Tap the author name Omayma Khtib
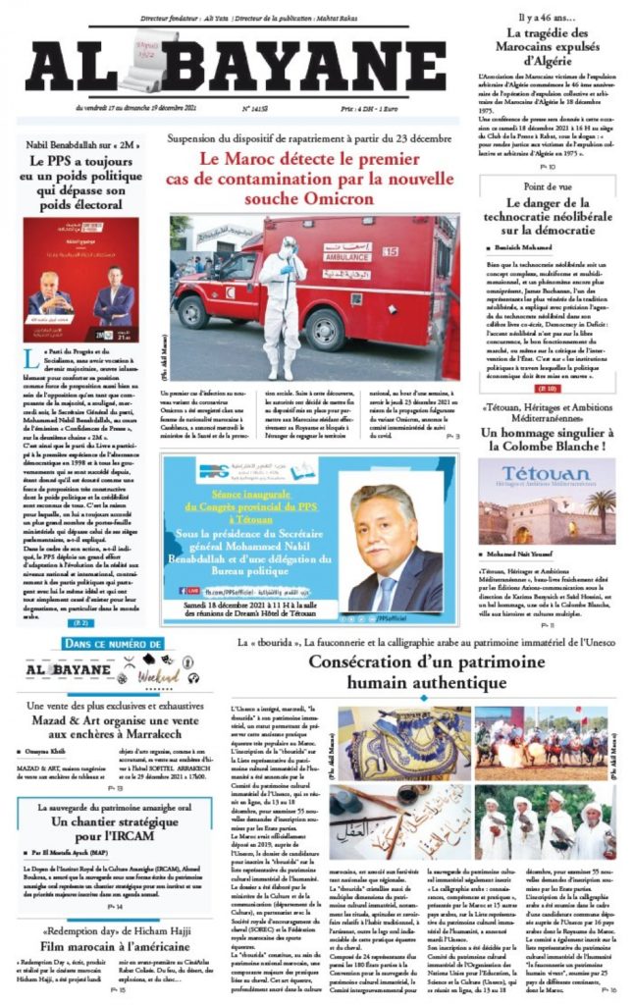coord(49,752)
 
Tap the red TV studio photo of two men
coord(80,280)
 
